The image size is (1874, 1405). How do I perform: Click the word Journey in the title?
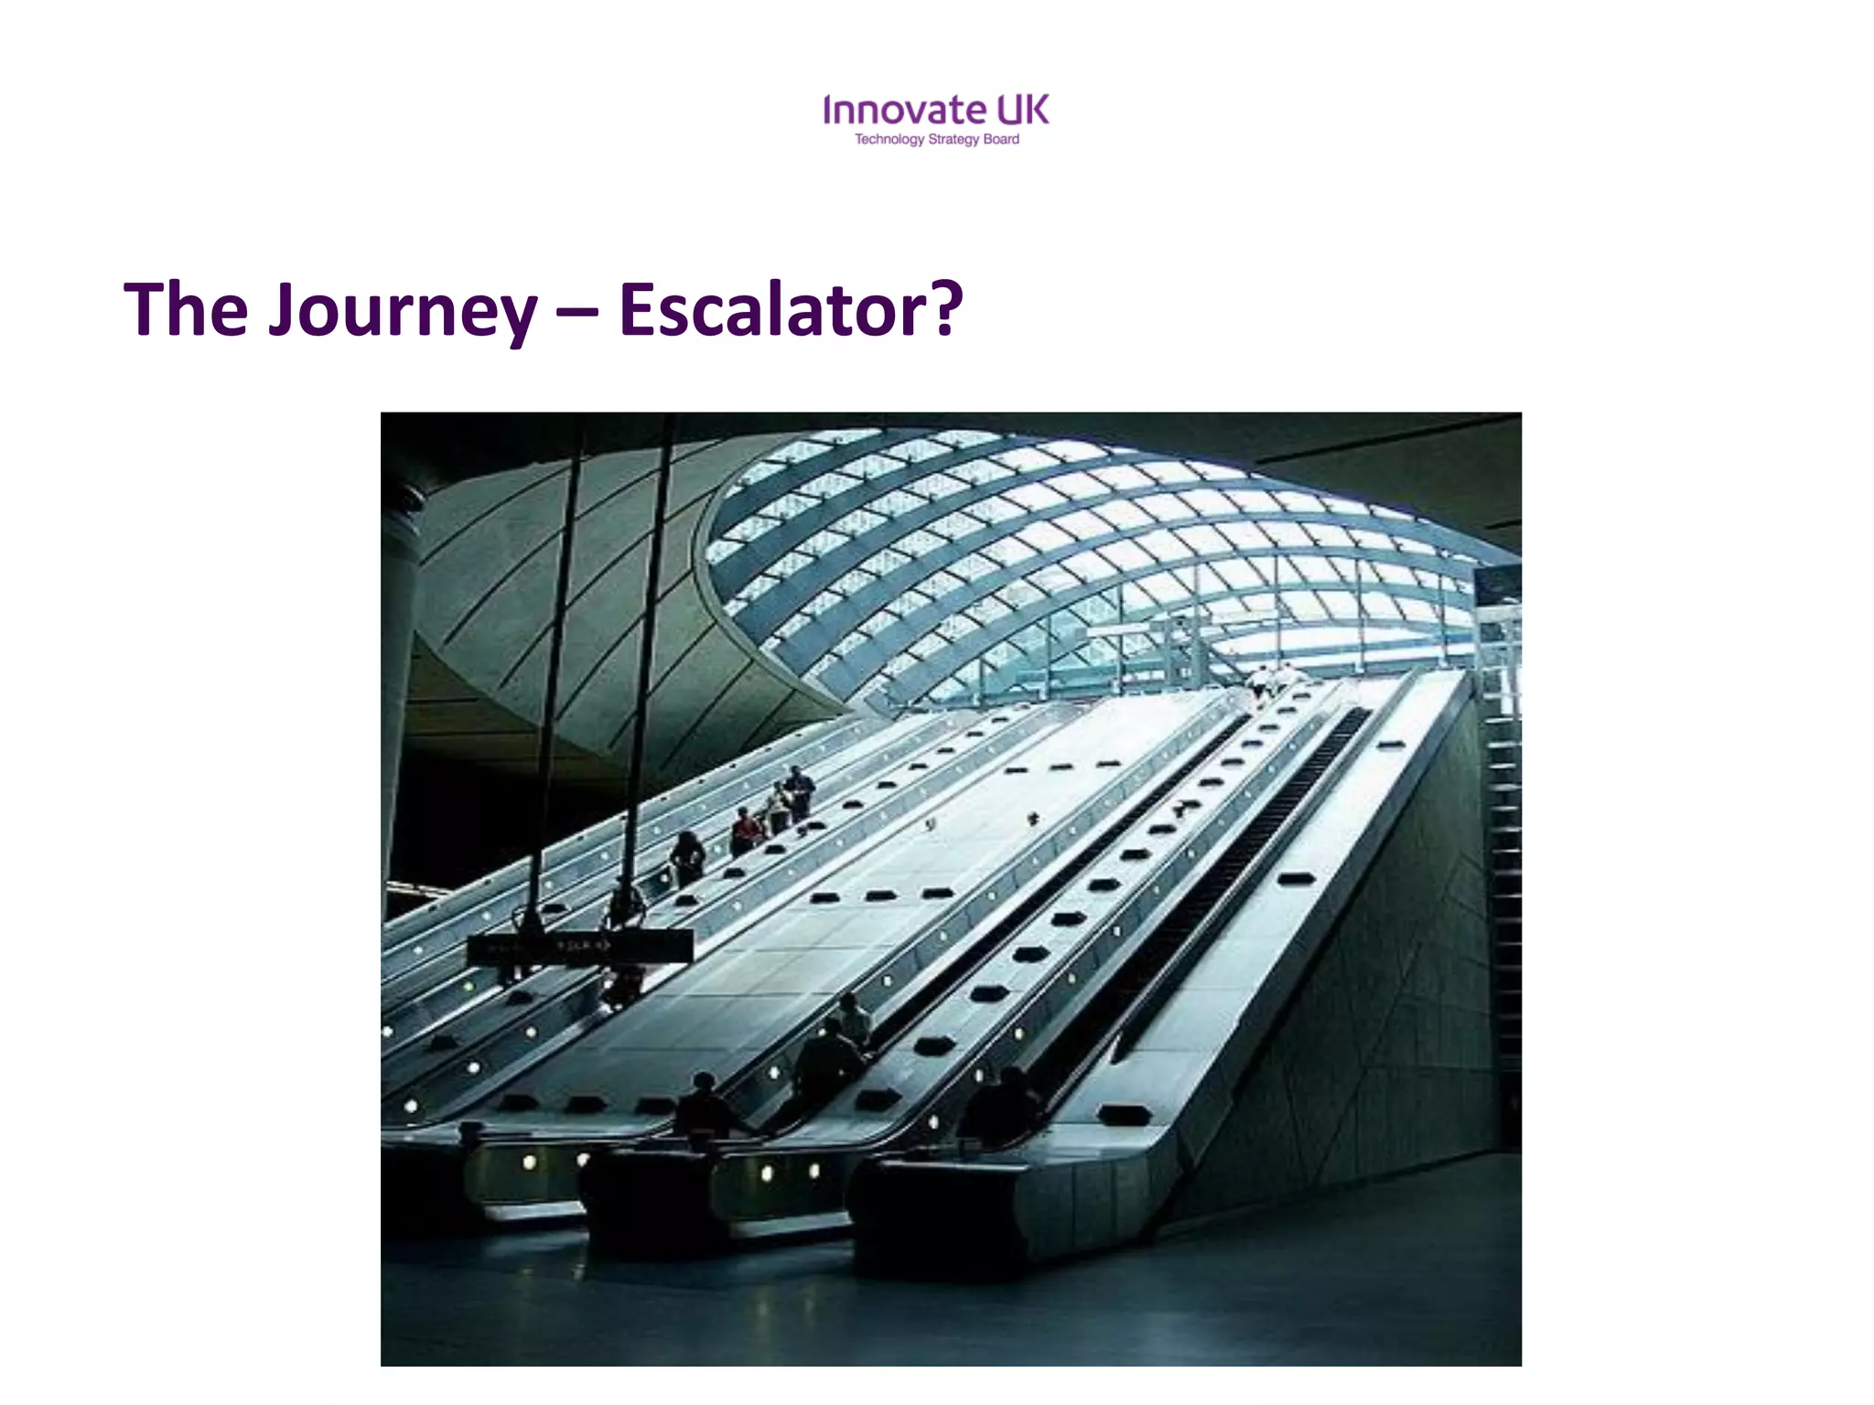(x=403, y=311)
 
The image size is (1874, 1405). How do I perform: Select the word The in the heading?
(x=186, y=311)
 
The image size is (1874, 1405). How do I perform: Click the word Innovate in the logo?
(x=904, y=111)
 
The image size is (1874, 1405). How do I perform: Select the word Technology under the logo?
(x=889, y=140)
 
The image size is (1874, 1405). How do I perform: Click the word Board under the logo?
(x=1001, y=140)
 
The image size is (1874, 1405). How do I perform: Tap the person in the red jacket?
(x=746, y=831)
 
